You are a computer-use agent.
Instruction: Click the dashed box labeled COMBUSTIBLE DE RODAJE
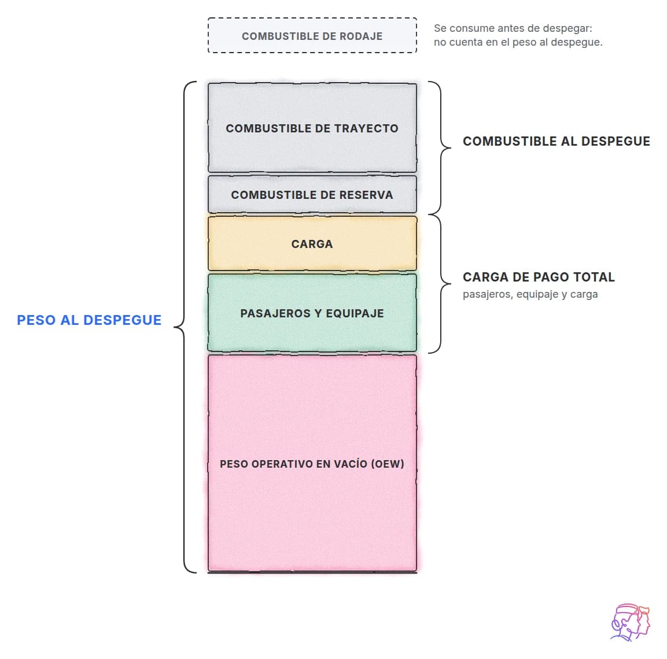pos(312,35)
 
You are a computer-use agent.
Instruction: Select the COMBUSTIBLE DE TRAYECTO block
pos(312,128)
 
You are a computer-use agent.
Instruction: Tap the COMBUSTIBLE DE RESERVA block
pos(312,194)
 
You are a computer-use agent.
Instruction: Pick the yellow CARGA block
pos(312,243)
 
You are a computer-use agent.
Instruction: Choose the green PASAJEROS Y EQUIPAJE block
pos(312,313)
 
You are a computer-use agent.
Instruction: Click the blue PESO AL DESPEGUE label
pos(89,320)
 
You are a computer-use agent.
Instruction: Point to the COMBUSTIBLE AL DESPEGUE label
pos(557,141)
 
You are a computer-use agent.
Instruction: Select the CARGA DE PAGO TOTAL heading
pos(539,277)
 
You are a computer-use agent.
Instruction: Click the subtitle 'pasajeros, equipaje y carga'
pos(530,294)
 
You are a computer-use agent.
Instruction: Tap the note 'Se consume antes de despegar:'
pos(513,28)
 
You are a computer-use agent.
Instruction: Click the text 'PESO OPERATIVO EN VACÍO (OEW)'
pos(312,464)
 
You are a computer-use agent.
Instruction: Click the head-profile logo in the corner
pos(631,622)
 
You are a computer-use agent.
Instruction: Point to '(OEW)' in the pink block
pos(388,464)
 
